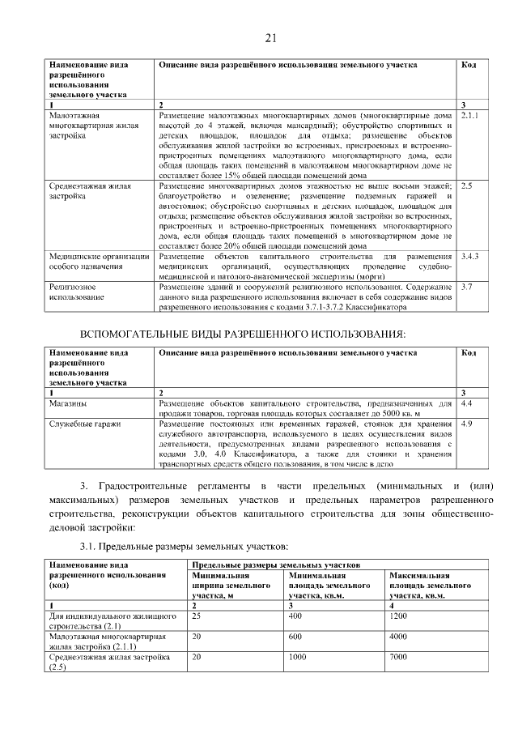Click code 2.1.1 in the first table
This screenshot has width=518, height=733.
coord(469,116)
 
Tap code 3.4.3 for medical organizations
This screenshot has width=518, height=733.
coord(469,256)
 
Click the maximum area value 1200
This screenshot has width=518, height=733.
coord(399,616)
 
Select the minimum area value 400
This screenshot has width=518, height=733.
coord(295,616)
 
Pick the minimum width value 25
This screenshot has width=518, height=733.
coord(196,616)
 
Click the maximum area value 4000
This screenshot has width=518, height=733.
coord(399,637)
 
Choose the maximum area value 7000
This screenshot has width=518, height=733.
coord(399,657)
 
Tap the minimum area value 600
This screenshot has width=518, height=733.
coord(295,637)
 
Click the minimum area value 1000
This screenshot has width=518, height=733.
coord(297,657)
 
